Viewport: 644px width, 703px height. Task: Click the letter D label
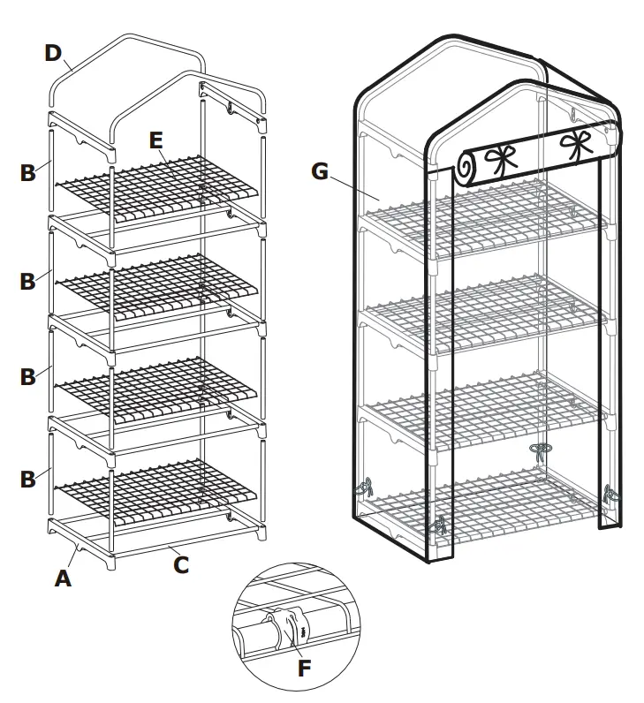(54, 52)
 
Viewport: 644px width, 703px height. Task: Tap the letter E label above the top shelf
(155, 140)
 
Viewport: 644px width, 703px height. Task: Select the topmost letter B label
(28, 172)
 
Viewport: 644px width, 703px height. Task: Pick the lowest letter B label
(28, 479)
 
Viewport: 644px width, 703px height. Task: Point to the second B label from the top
(28, 281)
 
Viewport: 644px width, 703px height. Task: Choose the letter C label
(180, 563)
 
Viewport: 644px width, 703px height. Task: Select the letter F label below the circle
(304, 669)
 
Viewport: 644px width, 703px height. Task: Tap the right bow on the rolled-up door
(576, 144)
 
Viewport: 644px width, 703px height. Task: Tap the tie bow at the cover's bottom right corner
(609, 495)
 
